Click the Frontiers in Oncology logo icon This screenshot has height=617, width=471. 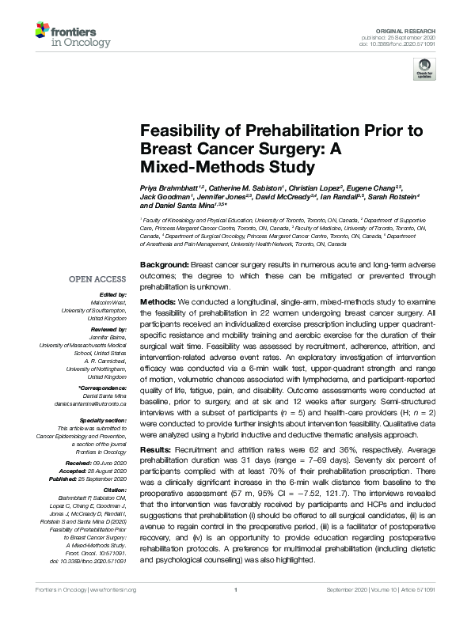46,32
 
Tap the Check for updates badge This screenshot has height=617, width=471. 425,68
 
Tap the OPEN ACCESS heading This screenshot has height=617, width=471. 97,279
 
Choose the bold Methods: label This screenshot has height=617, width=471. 159,303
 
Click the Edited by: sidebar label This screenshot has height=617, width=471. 112,293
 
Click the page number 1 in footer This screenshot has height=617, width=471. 235,611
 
